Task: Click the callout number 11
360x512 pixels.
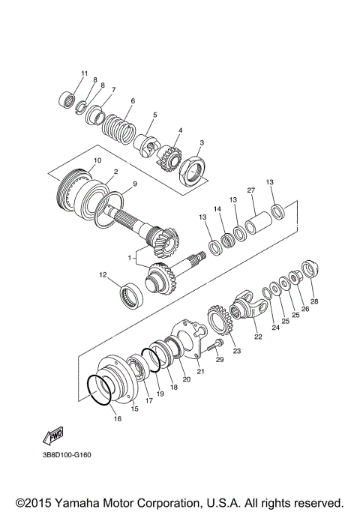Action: (84, 72)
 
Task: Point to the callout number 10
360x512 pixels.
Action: (97, 161)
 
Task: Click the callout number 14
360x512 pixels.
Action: (218, 210)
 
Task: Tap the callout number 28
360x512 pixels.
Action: (314, 301)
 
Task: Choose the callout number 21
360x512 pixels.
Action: (200, 370)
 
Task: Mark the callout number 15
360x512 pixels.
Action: (135, 409)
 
